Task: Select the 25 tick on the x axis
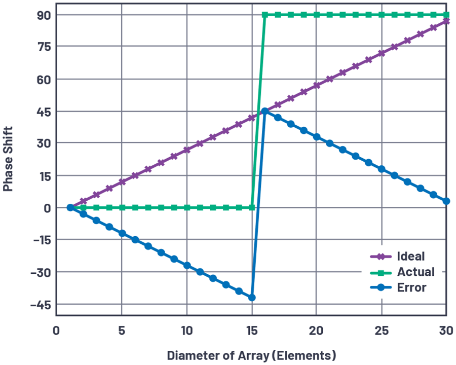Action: point(381,330)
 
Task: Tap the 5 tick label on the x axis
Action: point(122,330)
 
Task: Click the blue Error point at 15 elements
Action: point(252,298)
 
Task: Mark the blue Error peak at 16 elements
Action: point(264,111)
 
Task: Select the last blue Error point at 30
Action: point(446,201)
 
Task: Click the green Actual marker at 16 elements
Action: point(264,15)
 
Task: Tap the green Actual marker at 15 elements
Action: point(252,207)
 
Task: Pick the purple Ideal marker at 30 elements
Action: point(446,21)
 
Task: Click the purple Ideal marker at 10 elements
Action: point(187,150)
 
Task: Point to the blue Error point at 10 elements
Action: point(187,265)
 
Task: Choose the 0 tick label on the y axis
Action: point(47,208)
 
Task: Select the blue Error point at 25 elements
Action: point(382,169)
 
